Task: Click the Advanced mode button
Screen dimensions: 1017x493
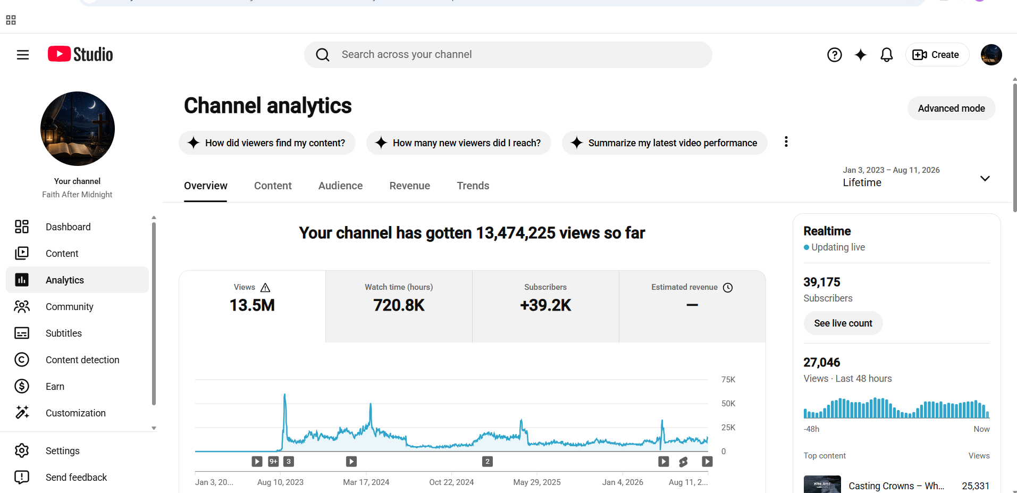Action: (x=951, y=108)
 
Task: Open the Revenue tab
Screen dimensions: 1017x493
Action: (x=409, y=186)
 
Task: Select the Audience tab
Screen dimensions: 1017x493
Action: (x=340, y=186)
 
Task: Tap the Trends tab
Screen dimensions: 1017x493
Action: (x=473, y=186)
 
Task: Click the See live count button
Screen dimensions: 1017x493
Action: (x=843, y=323)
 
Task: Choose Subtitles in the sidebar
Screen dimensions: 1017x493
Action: (x=64, y=333)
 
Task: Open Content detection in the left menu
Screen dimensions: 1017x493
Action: (x=82, y=360)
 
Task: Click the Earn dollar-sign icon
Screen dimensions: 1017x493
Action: (x=22, y=387)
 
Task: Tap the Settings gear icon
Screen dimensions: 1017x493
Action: (x=22, y=451)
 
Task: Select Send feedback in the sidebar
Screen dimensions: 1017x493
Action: (x=76, y=478)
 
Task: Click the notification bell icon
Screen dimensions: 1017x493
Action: (x=887, y=55)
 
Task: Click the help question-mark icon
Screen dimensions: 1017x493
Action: (x=835, y=55)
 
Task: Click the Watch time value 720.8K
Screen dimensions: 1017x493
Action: (x=399, y=305)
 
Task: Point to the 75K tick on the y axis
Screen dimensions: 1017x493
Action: (x=728, y=380)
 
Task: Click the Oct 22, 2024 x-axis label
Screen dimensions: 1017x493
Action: (x=451, y=482)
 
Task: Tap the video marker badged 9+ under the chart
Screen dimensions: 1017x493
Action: (x=273, y=462)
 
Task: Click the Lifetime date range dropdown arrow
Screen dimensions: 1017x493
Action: (x=985, y=179)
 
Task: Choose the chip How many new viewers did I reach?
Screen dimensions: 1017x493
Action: (x=459, y=143)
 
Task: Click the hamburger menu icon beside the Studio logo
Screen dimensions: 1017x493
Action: (x=23, y=55)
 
